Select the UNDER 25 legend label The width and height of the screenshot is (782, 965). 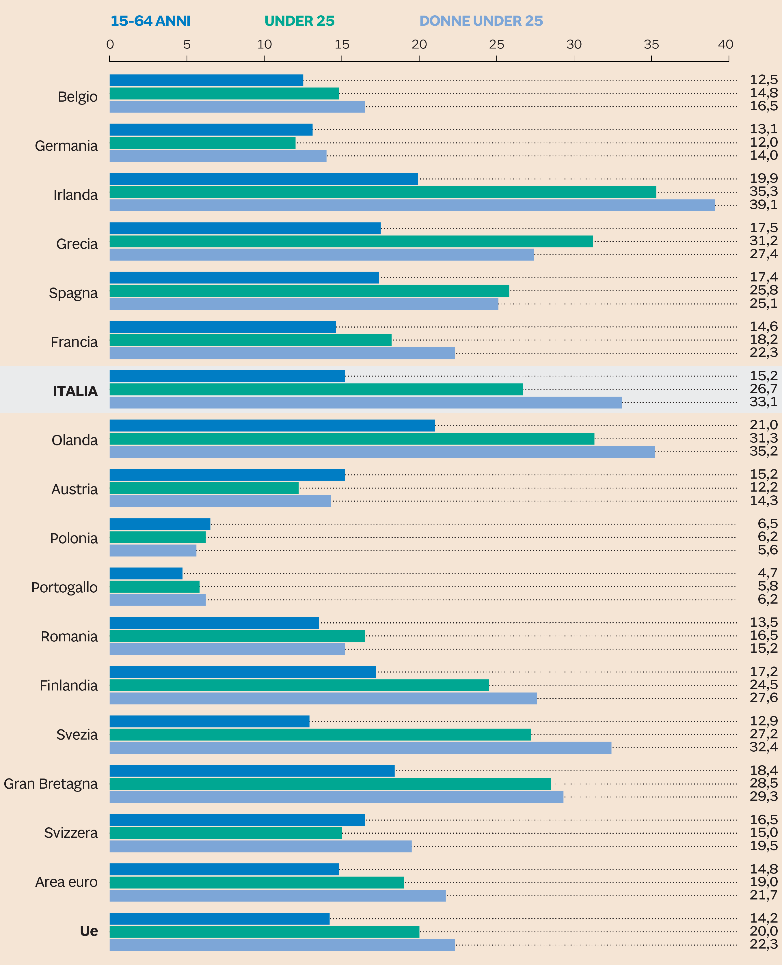[x=299, y=21]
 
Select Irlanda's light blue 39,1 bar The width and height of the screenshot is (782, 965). [x=412, y=205]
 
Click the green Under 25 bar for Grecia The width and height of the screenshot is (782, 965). [x=351, y=241]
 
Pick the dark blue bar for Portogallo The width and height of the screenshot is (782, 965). [x=146, y=573]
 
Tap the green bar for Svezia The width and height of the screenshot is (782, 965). [x=320, y=734]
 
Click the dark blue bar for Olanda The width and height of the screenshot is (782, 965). [x=272, y=425]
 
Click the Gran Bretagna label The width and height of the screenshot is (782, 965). [x=51, y=783]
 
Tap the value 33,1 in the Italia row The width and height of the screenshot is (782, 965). [x=763, y=402]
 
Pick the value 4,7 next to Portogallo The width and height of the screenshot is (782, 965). [x=767, y=573]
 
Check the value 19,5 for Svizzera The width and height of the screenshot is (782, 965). [x=763, y=846]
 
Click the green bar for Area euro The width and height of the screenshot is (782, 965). [x=256, y=882]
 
